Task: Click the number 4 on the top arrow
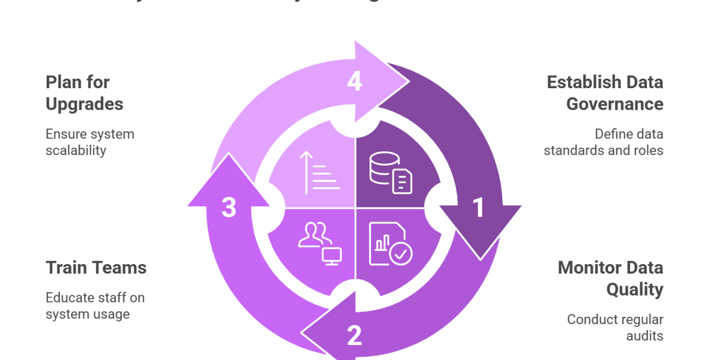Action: (x=355, y=82)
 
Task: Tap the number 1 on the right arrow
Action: (x=478, y=208)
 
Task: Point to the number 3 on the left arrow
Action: (x=229, y=208)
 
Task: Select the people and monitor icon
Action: (x=319, y=243)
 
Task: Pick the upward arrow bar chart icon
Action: (x=319, y=173)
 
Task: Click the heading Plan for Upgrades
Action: (x=85, y=92)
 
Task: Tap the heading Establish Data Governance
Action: (x=605, y=92)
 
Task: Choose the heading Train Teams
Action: (x=96, y=268)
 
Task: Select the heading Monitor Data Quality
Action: (x=611, y=278)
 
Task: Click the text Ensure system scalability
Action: (x=90, y=142)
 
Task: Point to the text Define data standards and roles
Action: (x=604, y=142)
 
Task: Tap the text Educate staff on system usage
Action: (x=95, y=305)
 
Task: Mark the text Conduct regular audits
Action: (x=616, y=328)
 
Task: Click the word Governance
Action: (x=615, y=104)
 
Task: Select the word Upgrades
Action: (x=85, y=104)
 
